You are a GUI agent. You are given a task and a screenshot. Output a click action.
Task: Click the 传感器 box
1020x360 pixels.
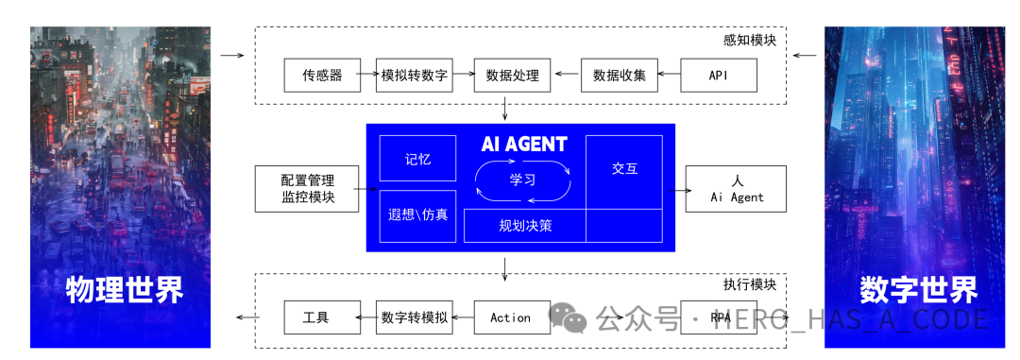point(322,76)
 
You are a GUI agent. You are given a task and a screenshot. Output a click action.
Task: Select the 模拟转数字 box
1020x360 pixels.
point(414,76)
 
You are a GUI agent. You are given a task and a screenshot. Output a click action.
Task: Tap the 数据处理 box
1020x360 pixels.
point(512,76)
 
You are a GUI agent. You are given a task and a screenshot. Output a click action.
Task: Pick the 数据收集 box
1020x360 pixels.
point(619,76)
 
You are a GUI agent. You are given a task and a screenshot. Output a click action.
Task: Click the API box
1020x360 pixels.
point(718,76)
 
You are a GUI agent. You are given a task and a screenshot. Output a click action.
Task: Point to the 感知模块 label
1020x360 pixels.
point(750,41)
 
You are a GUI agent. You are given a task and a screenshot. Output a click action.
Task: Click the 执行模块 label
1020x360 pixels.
point(749,284)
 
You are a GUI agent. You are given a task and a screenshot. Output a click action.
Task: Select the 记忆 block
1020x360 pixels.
point(417,159)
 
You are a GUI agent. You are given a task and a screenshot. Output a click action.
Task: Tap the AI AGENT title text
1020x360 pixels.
point(524,145)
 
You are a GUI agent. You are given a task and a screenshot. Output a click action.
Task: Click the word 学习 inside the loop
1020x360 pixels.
point(522,179)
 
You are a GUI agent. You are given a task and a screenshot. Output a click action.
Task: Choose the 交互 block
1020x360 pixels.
point(624,170)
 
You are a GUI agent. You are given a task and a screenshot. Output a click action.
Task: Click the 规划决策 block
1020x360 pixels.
point(525,226)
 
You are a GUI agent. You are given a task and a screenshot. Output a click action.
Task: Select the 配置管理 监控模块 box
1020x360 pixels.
point(307,188)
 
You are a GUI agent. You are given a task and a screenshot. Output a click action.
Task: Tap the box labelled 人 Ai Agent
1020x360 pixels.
point(737,188)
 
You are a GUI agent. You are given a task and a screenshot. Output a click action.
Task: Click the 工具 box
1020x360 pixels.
point(322,317)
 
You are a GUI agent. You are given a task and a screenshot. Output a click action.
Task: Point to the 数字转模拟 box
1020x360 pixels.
point(414,317)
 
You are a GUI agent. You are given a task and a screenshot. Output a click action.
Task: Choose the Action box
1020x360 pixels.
point(511,317)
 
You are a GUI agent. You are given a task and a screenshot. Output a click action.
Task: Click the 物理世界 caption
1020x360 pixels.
point(124,289)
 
